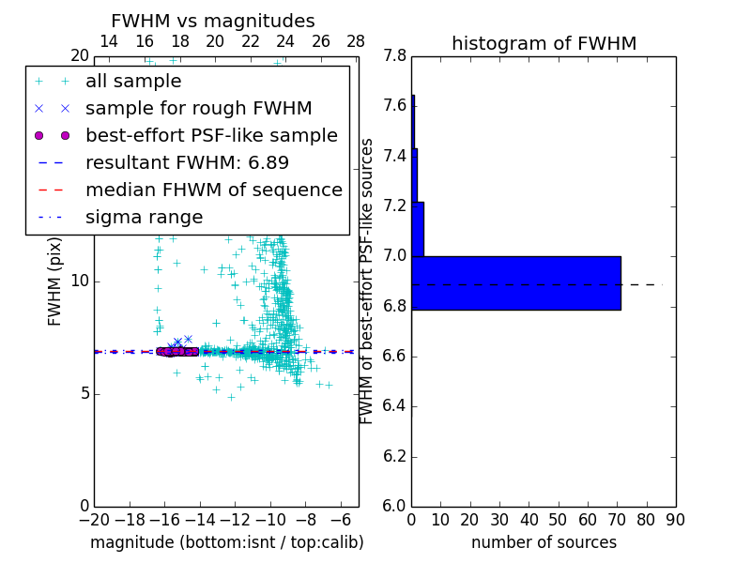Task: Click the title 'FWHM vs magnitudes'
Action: pyautogui.click(x=212, y=22)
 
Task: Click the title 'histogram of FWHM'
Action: pyautogui.click(x=544, y=43)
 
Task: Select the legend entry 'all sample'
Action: pyautogui.click(x=133, y=82)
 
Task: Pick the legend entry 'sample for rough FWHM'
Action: pyautogui.click(x=198, y=109)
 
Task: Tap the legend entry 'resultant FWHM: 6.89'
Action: pyautogui.click(x=187, y=163)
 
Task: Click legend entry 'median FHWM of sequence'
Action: pyautogui.click(x=213, y=190)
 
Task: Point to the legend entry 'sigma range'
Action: pyautogui.click(x=144, y=218)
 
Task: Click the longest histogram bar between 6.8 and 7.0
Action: pyautogui.click(x=516, y=282)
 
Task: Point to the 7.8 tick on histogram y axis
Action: pyautogui.click(x=395, y=56)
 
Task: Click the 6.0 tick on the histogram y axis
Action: pyautogui.click(x=395, y=507)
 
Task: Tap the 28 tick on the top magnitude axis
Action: pyautogui.click(x=356, y=42)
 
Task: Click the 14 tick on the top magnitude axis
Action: pyautogui.click(x=109, y=42)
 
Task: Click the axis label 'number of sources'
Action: pyautogui.click(x=544, y=542)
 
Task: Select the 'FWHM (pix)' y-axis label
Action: pyautogui.click(x=55, y=281)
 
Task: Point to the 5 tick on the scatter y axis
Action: pyautogui.click(x=83, y=394)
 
